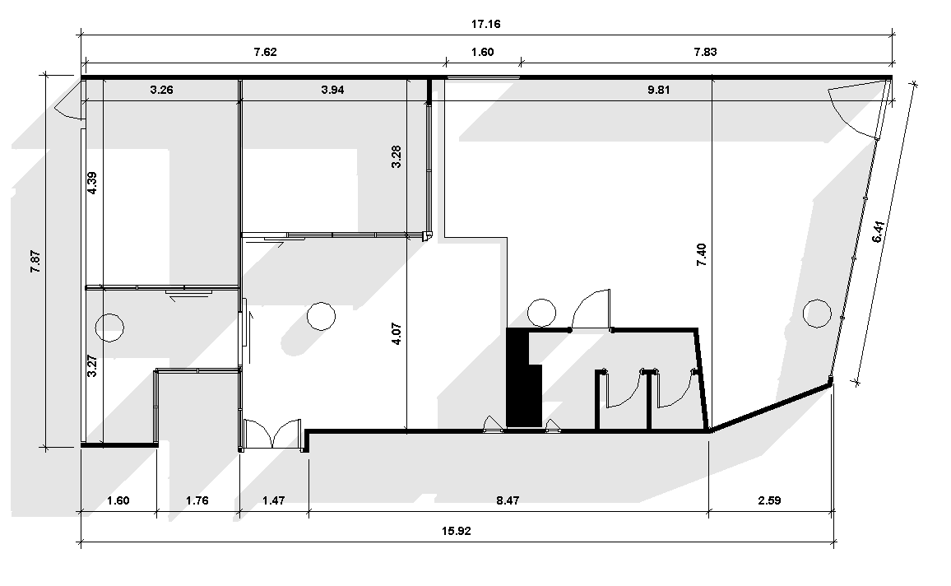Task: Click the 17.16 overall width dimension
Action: (x=486, y=24)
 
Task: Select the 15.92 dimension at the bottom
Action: (x=456, y=531)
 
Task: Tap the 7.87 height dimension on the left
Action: (x=35, y=261)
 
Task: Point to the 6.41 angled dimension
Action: (x=879, y=232)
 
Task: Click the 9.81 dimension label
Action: (x=659, y=90)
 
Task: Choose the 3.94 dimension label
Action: (x=332, y=90)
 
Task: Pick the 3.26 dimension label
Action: (x=161, y=90)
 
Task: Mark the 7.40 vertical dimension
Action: (x=701, y=255)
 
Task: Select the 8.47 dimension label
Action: (x=508, y=500)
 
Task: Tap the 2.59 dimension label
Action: (x=769, y=500)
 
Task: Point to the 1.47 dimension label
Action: (x=273, y=500)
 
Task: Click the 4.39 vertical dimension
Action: (x=92, y=184)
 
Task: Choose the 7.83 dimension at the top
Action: (x=705, y=52)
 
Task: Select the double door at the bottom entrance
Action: (x=273, y=433)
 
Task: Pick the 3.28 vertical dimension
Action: (x=397, y=156)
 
